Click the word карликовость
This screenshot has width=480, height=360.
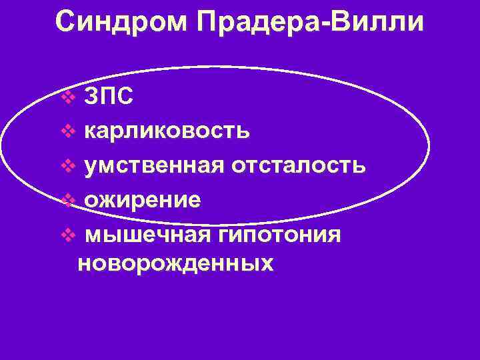click(167, 131)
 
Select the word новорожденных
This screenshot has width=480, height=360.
click(175, 263)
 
